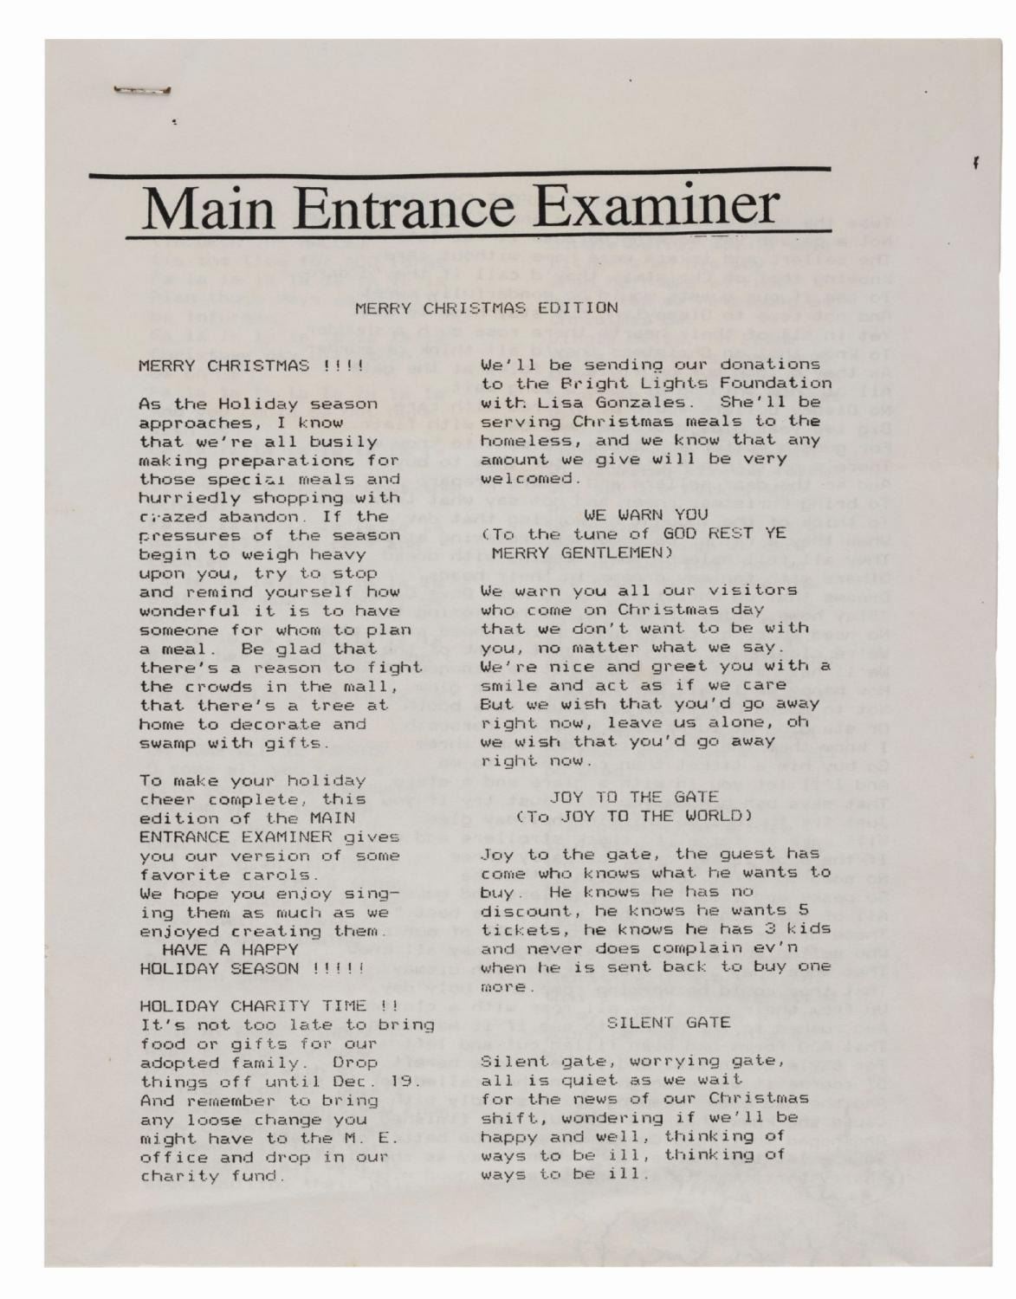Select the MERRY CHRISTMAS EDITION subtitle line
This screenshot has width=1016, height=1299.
tap(486, 307)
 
